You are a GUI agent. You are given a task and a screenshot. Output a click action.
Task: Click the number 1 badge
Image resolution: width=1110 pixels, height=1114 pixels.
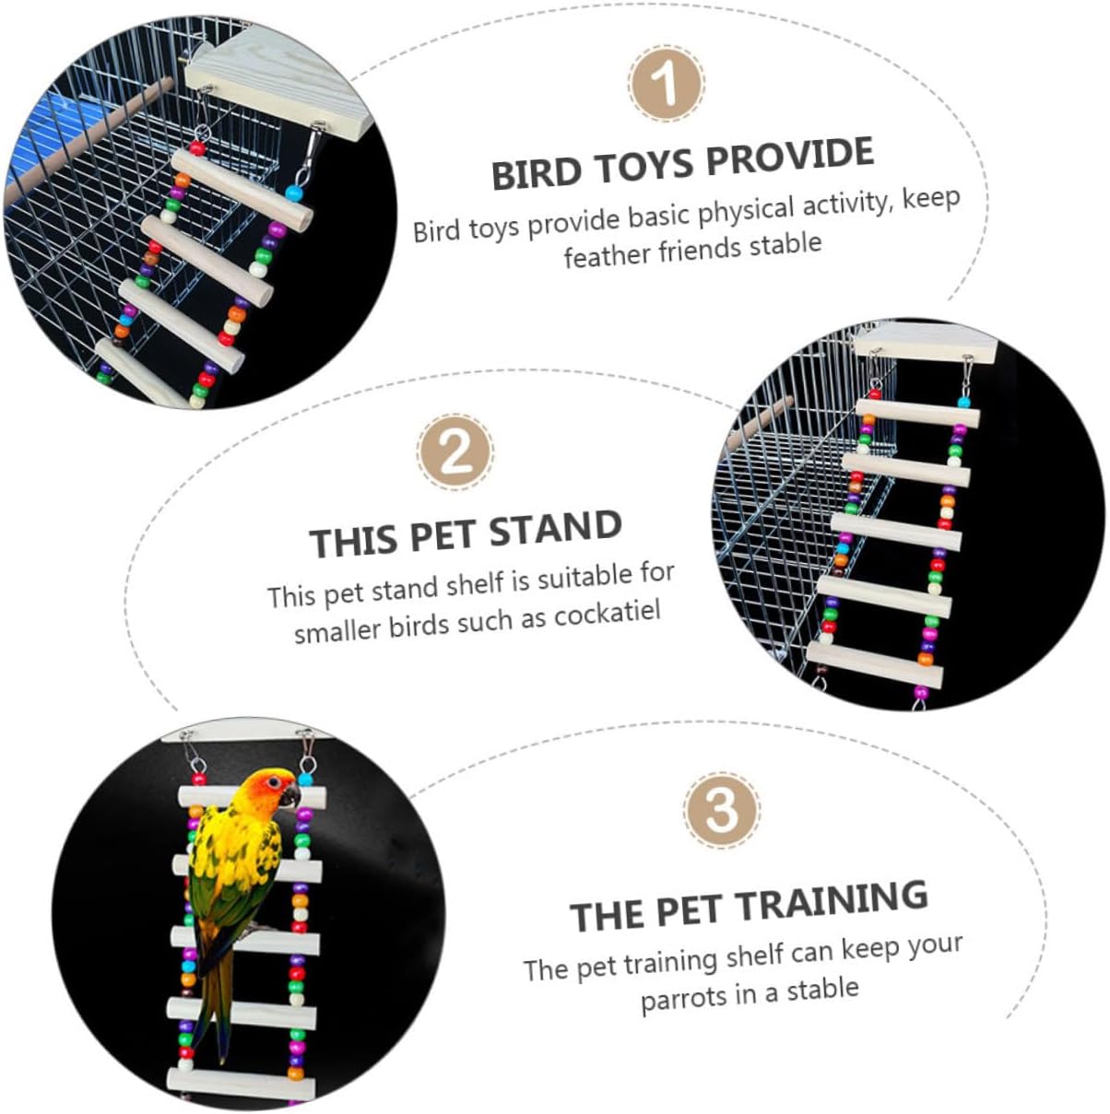click(667, 85)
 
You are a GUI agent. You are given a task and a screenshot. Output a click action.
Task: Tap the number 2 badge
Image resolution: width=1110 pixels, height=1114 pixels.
click(455, 452)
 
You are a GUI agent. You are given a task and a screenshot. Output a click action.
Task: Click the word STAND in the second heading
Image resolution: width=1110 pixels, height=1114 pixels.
click(555, 530)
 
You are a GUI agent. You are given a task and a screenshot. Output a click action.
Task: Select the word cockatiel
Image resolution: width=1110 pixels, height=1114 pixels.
click(608, 615)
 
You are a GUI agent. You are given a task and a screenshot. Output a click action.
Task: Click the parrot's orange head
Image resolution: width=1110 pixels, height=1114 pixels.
click(271, 789)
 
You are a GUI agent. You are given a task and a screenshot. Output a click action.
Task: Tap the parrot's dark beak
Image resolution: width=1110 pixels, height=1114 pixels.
click(292, 795)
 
